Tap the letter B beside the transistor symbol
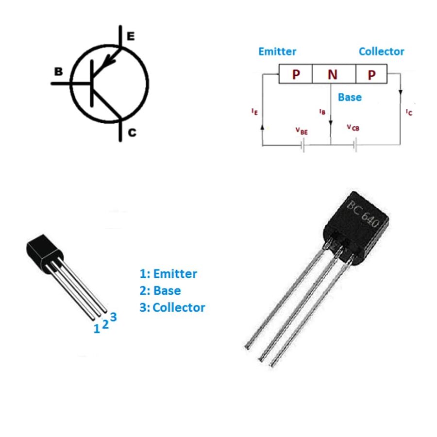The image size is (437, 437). pyautogui.click(x=58, y=72)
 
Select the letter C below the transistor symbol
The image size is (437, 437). pyautogui.click(x=132, y=133)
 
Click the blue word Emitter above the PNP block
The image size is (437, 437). pyautogui.click(x=277, y=51)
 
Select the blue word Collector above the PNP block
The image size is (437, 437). pyautogui.click(x=381, y=51)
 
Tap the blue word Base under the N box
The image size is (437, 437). pyautogui.click(x=350, y=97)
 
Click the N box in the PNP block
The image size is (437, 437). pyautogui.click(x=333, y=74)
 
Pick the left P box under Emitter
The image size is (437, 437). pyautogui.click(x=295, y=74)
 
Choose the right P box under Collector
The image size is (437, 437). pyautogui.click(x=371, y=74)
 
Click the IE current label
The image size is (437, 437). pyautogui.click(x=254, y=111)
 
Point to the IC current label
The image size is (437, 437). pyautogui.click(x=409, y=112)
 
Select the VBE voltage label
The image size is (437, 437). pyautogui.click(x=301, y=130)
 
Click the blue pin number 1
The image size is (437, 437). pyautogui.click(x=97, y=329)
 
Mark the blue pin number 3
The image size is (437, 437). pyautogui.click(x=113, y=317)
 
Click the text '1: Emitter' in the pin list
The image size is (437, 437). pyautogui.click(x=168, y=274)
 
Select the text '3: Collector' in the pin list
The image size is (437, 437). pyautogui.click(x=172, y=307)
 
